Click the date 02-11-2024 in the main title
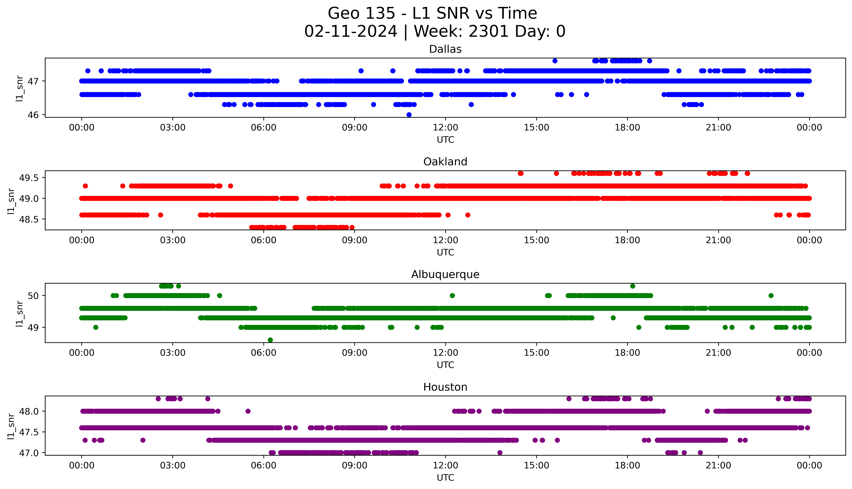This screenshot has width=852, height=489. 351,32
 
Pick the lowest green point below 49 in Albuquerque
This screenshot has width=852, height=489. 270,340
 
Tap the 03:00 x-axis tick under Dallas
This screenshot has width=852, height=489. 173,128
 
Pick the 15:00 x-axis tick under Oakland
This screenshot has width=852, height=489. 536,240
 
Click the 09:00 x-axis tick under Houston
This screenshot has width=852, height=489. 355,465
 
